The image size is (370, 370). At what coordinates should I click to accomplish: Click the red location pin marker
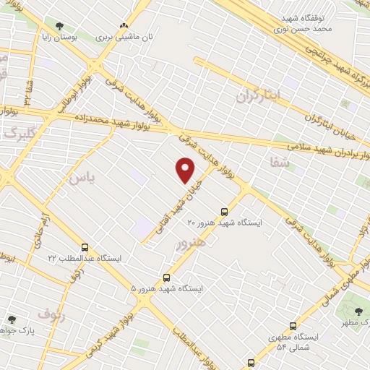pyautogui.click(x=186, y=171)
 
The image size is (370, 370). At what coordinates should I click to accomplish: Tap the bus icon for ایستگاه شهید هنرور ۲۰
pyautogui.click(x=224, y=212)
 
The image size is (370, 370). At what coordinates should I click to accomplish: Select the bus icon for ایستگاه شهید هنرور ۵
pyautogui.click(x=167, y=277)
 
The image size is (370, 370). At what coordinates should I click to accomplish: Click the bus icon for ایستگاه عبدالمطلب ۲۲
pyautogui.click(x=85, y=247)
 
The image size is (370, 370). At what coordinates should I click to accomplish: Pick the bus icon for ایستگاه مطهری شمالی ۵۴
pyautogui.click(x=293, y=326)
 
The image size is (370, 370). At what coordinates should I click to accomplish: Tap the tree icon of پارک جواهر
pyautogui.click(x=11, y=319)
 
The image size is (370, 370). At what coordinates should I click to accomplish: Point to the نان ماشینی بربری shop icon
pyautogui.click(x=124, y=25)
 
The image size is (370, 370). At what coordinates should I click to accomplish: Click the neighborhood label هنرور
pyautogui.click(x=190, y=242)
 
